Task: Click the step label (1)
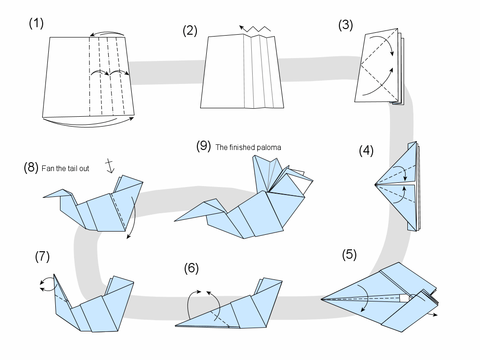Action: [x=36, y=24]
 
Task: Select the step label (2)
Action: [x=190, y=31]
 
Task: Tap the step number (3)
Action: [x=345, y=25]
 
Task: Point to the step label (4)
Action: [x=366, y=150]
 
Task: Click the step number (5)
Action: [x=349, y=255]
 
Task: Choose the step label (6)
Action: [x=191, y=268]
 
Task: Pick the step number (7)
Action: [x=42, y=256]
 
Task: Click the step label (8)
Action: [x=31, y=168]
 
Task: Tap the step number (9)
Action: [x=204, y=146]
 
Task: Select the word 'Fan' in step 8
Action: [x=47, y=168]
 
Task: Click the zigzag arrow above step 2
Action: [x=255, y=29]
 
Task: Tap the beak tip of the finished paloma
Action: [x=175, y=220]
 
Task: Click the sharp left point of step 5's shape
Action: [x=322, y=299]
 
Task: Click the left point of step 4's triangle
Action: [x=375, y=185]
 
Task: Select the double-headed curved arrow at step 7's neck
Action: [x=45, y=284]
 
